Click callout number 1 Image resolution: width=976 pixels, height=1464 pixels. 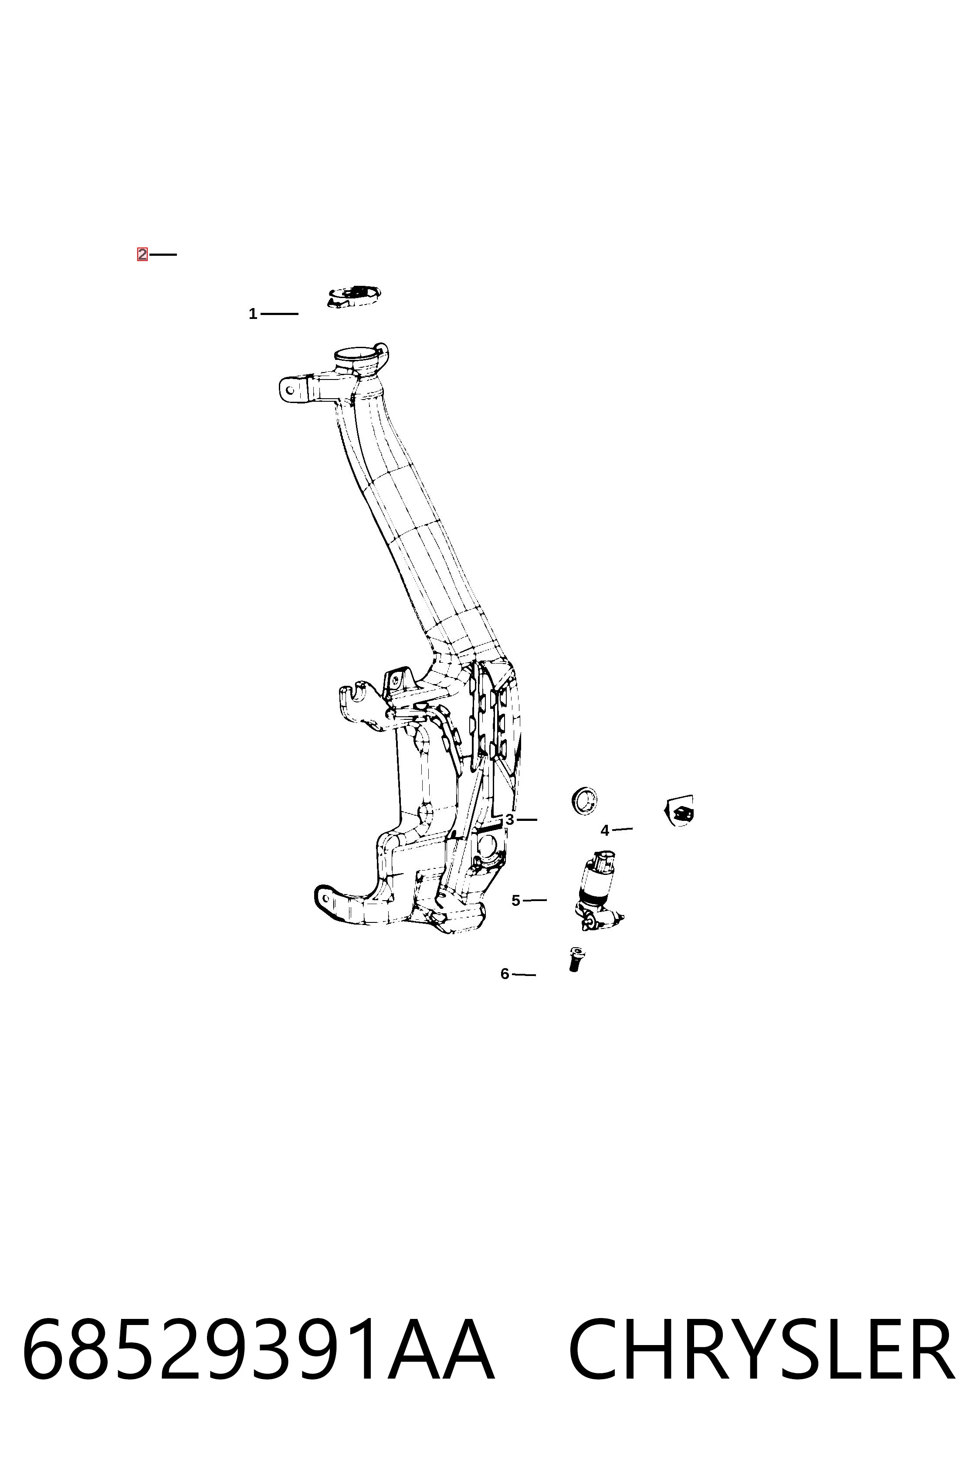pos(253,314)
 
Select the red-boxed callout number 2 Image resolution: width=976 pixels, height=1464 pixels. pos(142,254)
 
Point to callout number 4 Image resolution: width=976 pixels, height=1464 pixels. pos(604,830)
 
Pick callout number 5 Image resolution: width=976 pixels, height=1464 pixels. pos(515,901)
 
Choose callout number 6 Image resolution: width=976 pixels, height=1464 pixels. pos(505,973)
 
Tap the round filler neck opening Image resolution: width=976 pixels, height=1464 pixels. pos(356,356)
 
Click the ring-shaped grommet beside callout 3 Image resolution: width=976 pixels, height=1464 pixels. pos(584,800)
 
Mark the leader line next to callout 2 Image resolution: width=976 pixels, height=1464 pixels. pos(163,254)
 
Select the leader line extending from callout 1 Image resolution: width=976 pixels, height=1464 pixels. pos(279,314)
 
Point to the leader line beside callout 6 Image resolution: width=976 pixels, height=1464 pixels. pos(523,975)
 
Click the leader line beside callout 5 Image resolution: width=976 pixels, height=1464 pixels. pos(535,900)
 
